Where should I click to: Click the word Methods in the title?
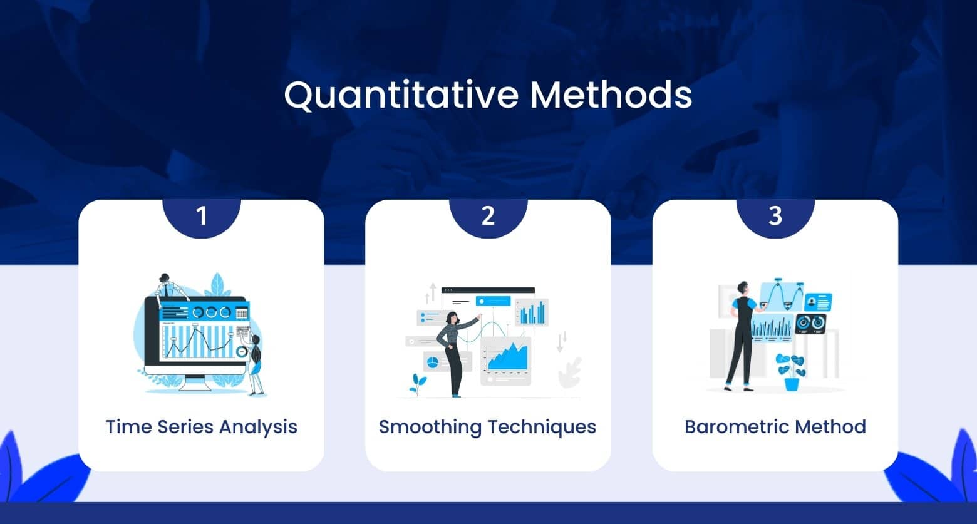[611, 95]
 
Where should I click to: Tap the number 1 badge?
[201, 217]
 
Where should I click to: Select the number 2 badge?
[488, 217]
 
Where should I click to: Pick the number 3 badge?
[775, 217]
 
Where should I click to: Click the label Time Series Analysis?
[201, 427]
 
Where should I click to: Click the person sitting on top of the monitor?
[167, 285]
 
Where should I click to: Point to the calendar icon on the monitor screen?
[242, 312]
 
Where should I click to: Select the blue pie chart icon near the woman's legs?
[431, 361]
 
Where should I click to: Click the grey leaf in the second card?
[571, 372]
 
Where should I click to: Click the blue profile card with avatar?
[818, 303]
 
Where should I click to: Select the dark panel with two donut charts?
[810, 323]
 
